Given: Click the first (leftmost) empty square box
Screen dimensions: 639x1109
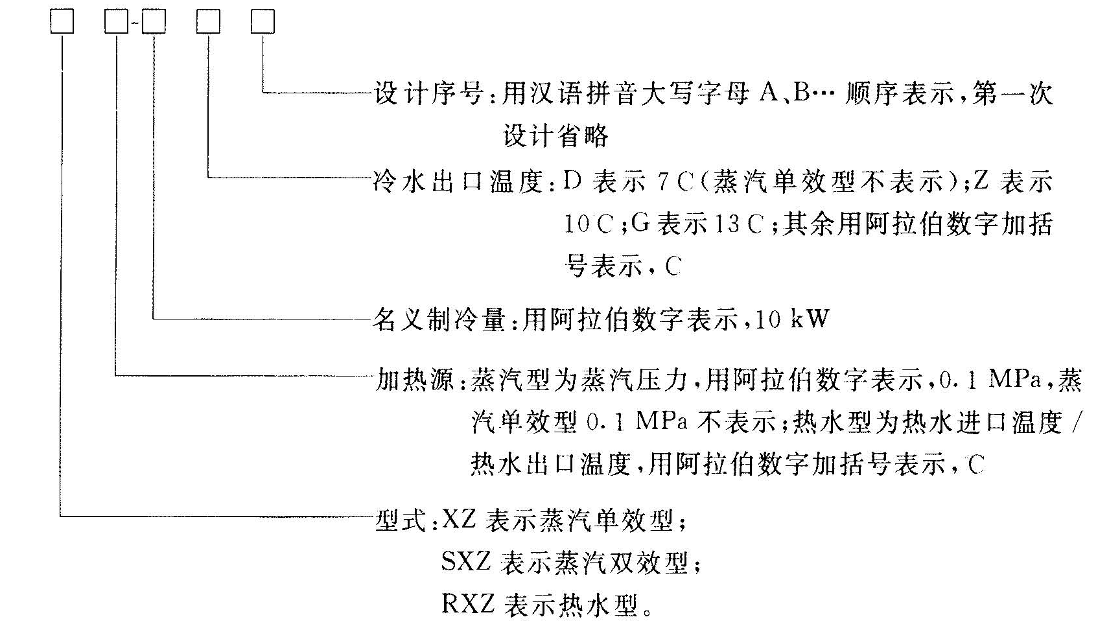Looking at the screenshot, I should pyautogui.click(x=62, y=22).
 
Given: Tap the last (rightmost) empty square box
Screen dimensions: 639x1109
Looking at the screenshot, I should pyautogui.click(x=263, y=22).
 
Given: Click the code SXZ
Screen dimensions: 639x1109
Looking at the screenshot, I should pyautogui.click(x=465, y=562).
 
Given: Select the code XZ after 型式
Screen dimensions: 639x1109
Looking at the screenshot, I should pyautogui.click(x=459, y=520).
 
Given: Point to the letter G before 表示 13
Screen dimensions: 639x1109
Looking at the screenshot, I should pyautogui.click(x=640, y=224).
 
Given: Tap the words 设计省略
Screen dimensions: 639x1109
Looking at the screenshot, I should pyautogui.click(x=556, y=136).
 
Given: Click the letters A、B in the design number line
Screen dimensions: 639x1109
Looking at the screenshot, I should pyautogui.click(x=785, y=94).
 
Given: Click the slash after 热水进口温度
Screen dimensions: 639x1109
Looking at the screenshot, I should pyautogui.click(x=1077, y=423).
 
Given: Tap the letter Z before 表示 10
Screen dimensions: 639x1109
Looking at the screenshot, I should pyautogui.click(x=980, y=181).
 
